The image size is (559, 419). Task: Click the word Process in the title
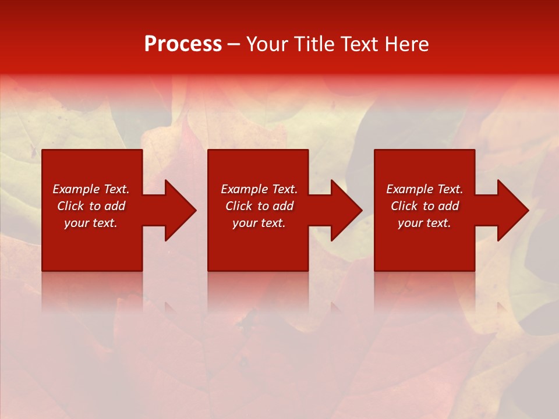(x=183, y=44)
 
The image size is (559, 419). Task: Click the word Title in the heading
(x=314, y=44)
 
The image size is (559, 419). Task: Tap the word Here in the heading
(x=405, y=44)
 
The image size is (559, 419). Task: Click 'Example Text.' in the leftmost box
(x=91, y=189)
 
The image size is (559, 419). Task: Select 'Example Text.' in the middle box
(x=259, y=189)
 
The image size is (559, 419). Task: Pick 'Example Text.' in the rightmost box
(x=424, y=189)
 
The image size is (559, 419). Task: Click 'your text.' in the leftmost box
(x=91, y=223)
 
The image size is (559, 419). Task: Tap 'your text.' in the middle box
(x=259, y=223)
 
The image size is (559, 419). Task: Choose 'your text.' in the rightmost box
(x=424, y=223)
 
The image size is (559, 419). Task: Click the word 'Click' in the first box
(x=71, y=206)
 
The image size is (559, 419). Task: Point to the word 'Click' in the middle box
(x=239, y=206)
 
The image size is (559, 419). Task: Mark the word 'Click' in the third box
(x=405, y=206)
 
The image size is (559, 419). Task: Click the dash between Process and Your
(x=233, y=45)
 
